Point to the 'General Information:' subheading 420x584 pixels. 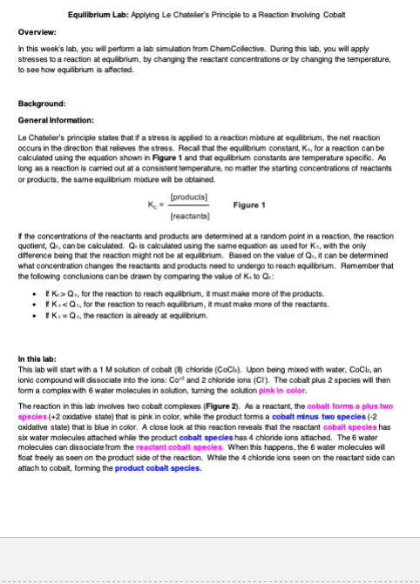pyautogui.click(x=54, y=120)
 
